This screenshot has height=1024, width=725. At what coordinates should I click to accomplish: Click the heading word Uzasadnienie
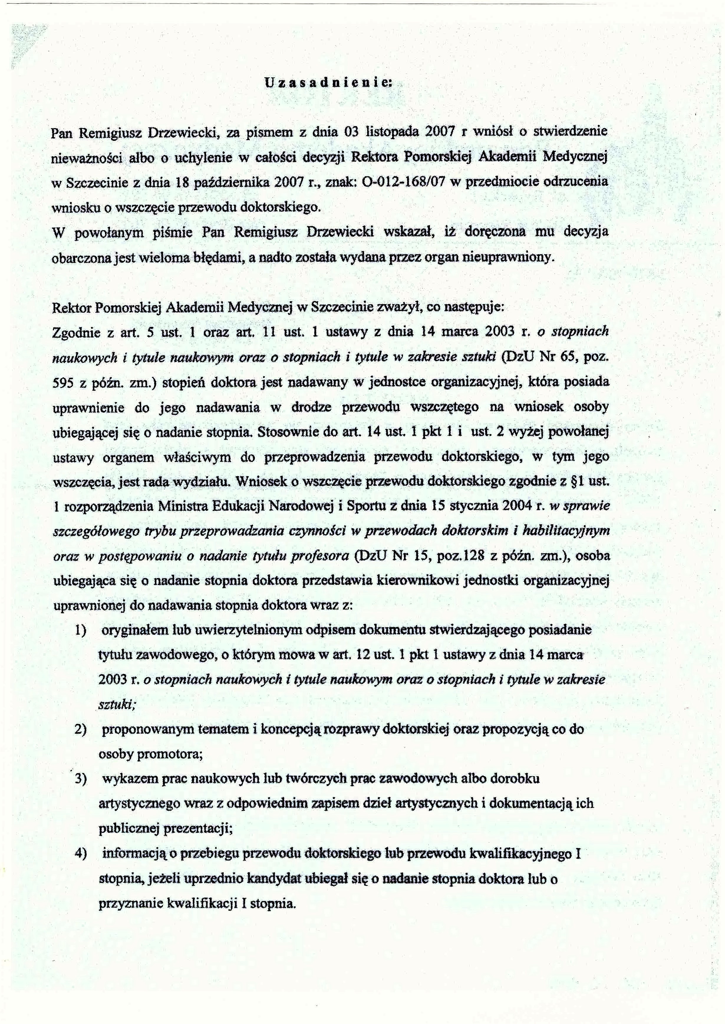coord(328,82)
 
